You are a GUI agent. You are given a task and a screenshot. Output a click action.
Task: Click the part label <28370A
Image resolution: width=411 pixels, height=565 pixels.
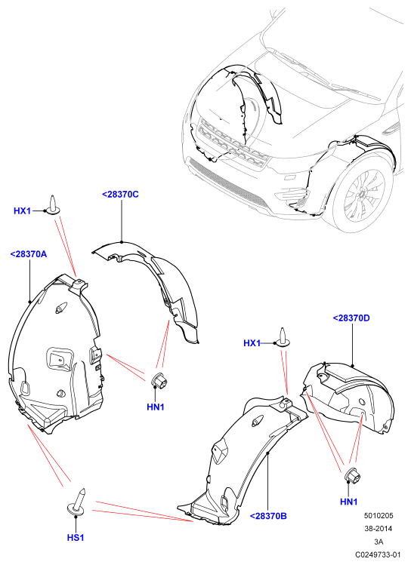[29, 254]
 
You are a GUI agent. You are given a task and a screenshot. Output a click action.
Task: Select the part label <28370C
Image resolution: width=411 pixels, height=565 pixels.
[120, 195]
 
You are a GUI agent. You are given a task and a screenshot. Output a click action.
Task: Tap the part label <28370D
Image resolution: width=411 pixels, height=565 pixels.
[351, 318]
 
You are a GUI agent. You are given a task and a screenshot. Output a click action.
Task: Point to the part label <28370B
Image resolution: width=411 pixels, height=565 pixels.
[268, 516]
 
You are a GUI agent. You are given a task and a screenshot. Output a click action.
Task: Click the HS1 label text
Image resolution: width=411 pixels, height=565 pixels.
[76, 538]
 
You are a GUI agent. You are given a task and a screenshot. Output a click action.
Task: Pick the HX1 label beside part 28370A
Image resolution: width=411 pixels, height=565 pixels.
[23, 210]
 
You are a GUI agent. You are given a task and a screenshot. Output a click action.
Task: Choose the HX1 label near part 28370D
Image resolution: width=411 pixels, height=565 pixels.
[252, 343]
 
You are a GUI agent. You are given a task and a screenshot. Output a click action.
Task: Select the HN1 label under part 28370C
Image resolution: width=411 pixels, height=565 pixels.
[156, 407]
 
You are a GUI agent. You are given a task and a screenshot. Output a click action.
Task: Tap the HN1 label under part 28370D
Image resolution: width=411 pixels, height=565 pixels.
[348, 502]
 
